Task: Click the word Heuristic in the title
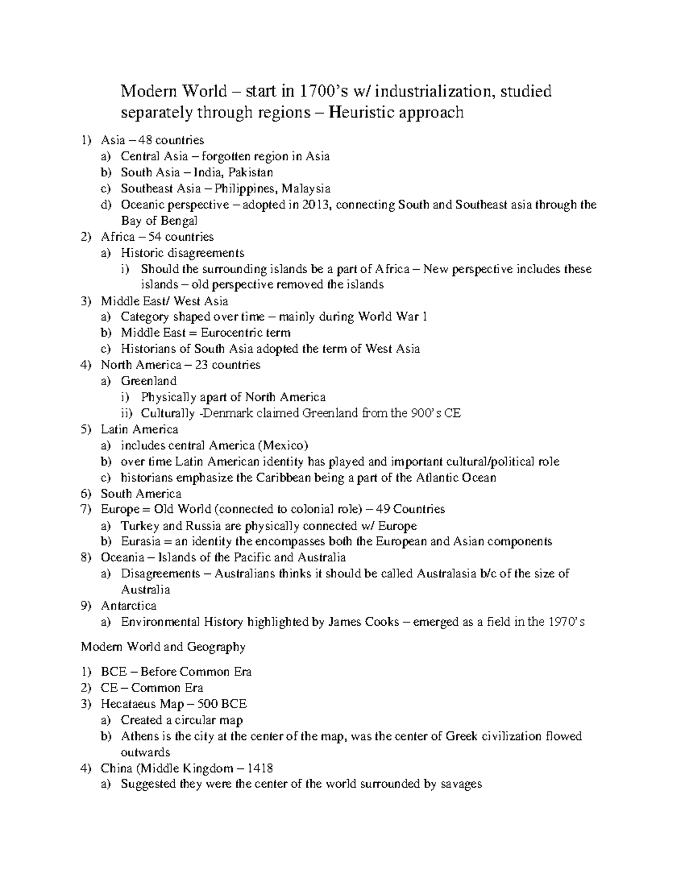click(365, 113)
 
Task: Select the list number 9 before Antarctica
click(84, 606)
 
